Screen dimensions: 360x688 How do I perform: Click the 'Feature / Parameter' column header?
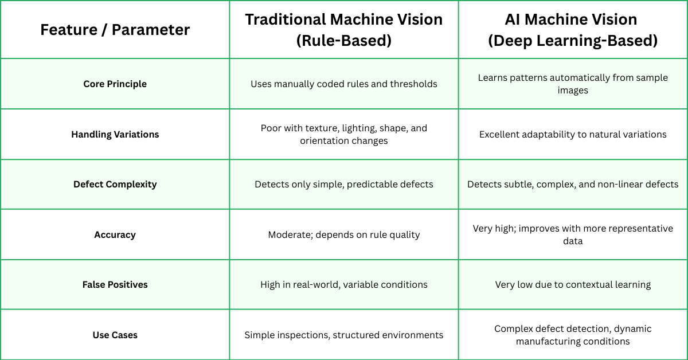point(115,30)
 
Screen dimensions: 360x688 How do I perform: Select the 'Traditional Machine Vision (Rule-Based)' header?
point(344,30)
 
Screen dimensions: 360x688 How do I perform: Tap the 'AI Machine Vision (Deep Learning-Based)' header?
point(573,30)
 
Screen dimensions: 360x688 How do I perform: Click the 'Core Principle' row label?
point(115,84)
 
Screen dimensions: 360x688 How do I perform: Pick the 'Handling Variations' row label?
point(115,134)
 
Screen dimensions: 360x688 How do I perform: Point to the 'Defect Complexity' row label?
point(115,184)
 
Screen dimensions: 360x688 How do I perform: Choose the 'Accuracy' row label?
point(115,234)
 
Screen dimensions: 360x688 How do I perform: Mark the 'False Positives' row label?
point(115,284)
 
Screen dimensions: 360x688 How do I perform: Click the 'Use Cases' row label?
point(115,335)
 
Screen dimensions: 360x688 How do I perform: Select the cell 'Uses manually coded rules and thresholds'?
point(344,84)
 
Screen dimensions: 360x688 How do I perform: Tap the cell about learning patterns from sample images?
point(573,84)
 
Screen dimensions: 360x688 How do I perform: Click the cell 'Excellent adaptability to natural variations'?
point(573,134)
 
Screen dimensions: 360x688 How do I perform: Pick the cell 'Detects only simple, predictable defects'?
point(344,184)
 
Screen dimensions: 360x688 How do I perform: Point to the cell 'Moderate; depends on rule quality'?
point(344,234)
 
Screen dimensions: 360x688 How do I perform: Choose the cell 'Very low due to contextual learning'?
point(573,284)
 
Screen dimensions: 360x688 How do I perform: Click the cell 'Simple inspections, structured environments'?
point(344,335)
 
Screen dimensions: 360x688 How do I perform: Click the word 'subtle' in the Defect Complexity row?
point(514,184)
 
